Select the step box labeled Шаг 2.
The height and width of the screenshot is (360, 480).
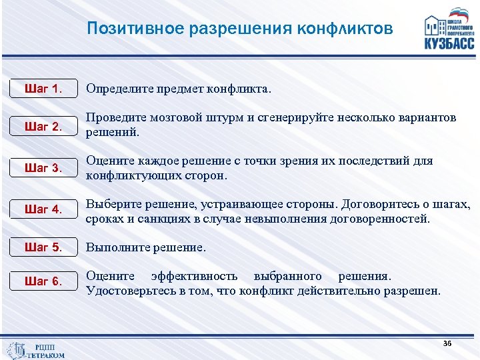(43, 127)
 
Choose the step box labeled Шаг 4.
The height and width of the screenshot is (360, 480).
(43, 210)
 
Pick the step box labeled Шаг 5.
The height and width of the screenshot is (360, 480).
(43, 248)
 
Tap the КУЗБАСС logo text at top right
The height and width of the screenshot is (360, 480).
(449, 43)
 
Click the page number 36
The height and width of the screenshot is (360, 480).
(447, 343)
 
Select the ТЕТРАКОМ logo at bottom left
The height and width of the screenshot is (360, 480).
(37, 351)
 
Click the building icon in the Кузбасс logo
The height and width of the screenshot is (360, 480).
(437, 25)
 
